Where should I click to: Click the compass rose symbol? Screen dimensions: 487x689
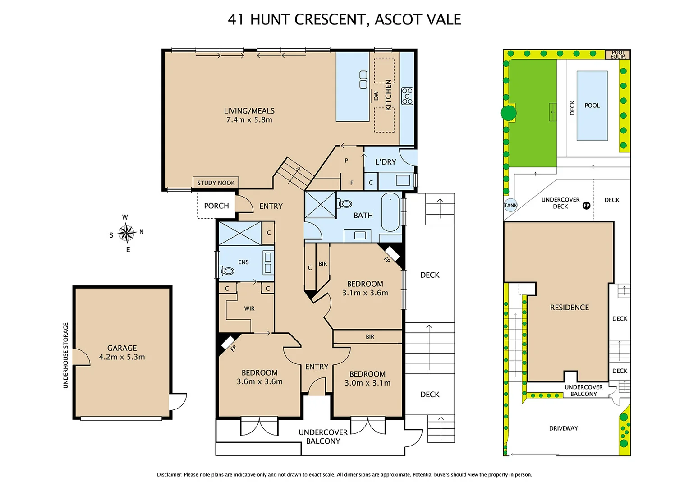pos(126,233)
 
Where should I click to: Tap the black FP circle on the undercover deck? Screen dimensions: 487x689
pos(586,206)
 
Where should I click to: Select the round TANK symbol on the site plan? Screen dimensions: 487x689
pos(510,206)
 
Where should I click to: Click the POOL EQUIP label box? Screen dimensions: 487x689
pos(618,55)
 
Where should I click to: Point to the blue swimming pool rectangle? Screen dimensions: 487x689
pos(592,106)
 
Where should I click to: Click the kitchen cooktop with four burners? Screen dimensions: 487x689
pos(407,96)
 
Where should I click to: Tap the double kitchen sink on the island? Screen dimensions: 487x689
pos(363,80)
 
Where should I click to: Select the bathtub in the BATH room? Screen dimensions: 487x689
pos(390,212)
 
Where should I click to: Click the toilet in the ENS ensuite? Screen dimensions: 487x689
pos(227,271)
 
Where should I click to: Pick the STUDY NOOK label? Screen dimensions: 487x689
pos(216,183)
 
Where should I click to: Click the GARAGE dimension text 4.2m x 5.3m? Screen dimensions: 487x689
pos(122,357)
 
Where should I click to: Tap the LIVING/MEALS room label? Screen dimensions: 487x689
pos(249,111)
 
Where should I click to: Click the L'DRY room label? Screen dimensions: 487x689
pos(386,162)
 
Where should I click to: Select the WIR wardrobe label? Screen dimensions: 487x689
pos(249,309)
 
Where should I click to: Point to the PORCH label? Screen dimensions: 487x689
pos(216,206)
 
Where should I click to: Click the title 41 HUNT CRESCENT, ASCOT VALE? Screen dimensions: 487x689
pos(344,19)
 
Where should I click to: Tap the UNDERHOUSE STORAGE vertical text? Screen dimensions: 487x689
pos(66,355)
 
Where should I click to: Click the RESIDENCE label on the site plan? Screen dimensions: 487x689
pos(569,308)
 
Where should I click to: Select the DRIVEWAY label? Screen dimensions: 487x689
pos(563,428)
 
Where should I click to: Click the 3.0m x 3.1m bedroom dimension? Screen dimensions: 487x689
pos(367,383)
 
